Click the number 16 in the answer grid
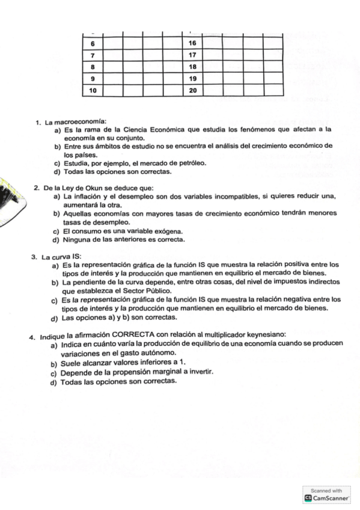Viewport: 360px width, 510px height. coord(192,43)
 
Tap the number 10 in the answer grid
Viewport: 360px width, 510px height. coord(92,90)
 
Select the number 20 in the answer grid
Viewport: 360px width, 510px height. coord(192,90)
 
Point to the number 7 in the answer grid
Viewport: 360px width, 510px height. coord(92,55)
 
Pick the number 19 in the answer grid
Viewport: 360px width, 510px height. coord(192,79)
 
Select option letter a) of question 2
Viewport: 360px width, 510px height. coord(56,197)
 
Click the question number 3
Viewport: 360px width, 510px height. coord(34,257)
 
